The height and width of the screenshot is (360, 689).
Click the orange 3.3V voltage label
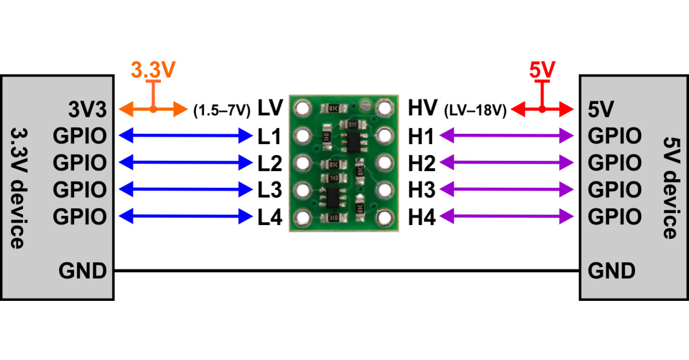pyautogui.click(x=152, y=70)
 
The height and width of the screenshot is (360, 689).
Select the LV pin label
pyautogui.click(x=270, y=107)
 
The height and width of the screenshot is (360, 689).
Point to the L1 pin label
pyautogui.click(x=269, y=137)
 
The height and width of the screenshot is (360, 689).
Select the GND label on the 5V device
pyautogui.click(x=611, y=270)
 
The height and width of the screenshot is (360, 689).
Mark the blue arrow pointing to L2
pyautogui.click(x=183, y=163)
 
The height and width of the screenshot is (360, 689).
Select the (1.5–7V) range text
pyautogui.click(x=222, y=109)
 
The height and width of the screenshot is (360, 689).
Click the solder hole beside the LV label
pyautogui.click(x=302, y=107)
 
